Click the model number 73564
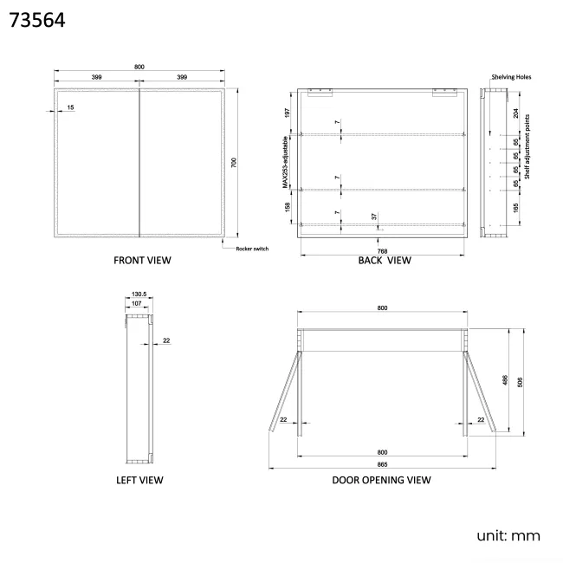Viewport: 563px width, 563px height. tap(37, 20)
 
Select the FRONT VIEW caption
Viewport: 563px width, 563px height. tap(142, 261)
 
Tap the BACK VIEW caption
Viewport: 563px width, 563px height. tap(385, 261)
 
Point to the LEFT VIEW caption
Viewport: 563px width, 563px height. tap(139, 480)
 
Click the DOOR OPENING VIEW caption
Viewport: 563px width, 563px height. tap(381, 480)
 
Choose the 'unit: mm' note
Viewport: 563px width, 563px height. tap(508, 535)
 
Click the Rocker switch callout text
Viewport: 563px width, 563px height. tap(252, 249)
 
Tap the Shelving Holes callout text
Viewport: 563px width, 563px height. tap(511, 77)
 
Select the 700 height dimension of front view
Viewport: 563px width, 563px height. tap(234, 163)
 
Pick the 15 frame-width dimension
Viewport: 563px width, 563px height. tap(70, 107)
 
